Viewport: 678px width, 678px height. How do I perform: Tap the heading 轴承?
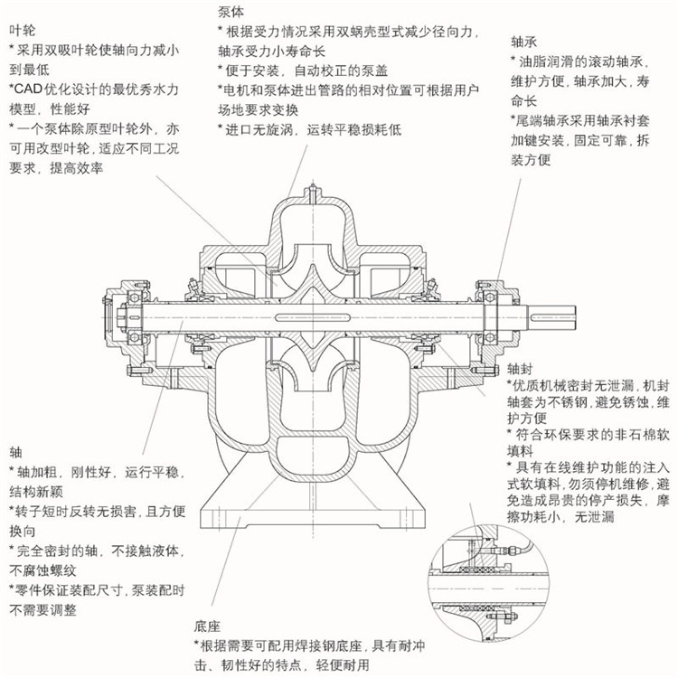point(523,42)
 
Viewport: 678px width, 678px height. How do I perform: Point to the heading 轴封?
point(520,369)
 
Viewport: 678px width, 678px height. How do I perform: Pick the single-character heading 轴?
point(14,451)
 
